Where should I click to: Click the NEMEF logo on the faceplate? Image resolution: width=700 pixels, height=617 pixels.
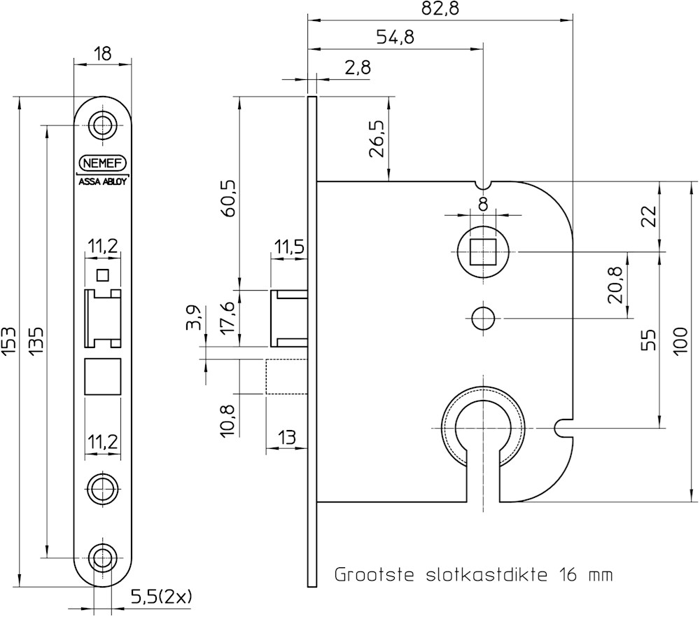point(103,162)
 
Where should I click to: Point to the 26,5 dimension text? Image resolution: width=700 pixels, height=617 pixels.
point(377,140)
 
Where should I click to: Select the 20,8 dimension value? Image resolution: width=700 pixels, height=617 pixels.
point(616,285)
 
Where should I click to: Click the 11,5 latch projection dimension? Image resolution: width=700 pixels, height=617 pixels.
point(289,247)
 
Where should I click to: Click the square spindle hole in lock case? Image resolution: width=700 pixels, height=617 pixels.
point(482,250)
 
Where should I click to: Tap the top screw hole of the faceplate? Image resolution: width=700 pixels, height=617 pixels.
point(103,125)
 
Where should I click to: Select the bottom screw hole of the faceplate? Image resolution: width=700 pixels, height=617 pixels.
point(103,558)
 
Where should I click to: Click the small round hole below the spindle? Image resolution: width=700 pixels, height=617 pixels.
point(482,318)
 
